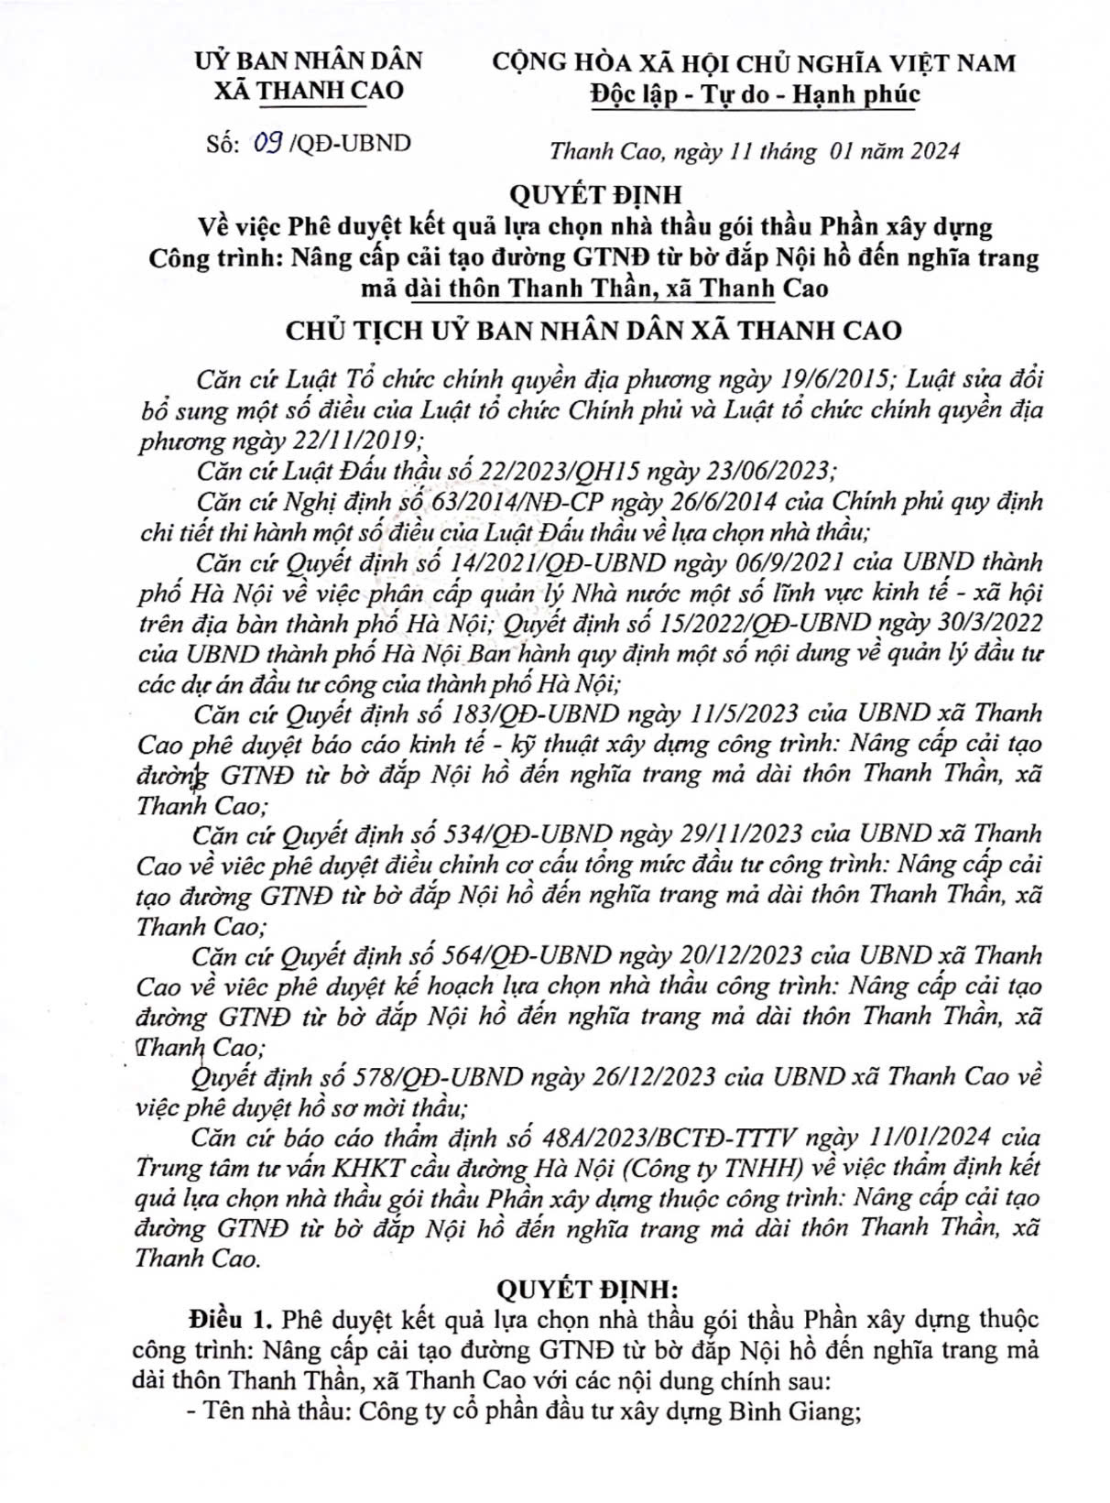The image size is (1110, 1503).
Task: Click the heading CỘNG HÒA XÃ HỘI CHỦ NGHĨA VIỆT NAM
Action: click(754, 62)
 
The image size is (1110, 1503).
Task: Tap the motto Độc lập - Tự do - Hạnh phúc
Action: click(755, 94)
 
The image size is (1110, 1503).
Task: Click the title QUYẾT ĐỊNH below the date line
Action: click(595, 194)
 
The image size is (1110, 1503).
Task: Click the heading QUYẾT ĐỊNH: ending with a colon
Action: click(598, 1289)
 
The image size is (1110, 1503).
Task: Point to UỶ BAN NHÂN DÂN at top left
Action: click(309, 61)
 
